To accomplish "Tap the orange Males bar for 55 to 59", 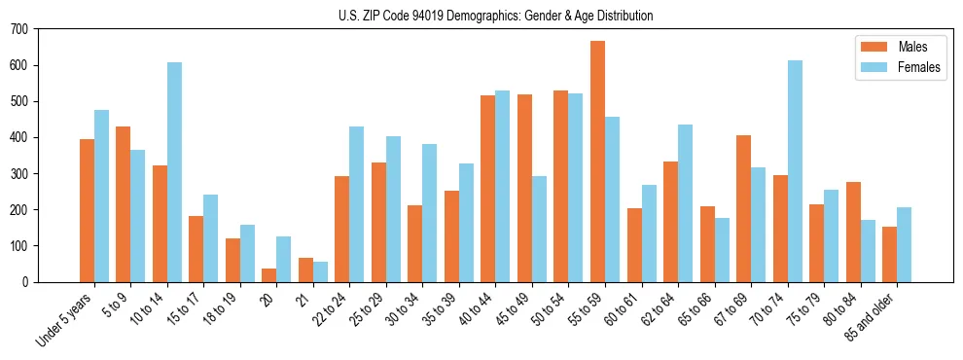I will pyautogui.click(x=597, y=162).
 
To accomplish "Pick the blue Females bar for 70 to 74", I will pyautogui.click(x=795, y=171).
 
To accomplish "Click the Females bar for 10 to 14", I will pyautogui.click(x=174, y=172).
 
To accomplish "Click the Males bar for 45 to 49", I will pyautogui.click(x=524, y=188).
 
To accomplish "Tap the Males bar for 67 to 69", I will pyautogui.click(x=743, y=208).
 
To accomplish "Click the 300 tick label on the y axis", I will pyautogui.click(x=19, y=173).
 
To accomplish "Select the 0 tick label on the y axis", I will pyautogui.click(x=25, y=282).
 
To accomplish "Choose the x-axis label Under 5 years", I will pyautogui.click(x=66, y=318).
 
